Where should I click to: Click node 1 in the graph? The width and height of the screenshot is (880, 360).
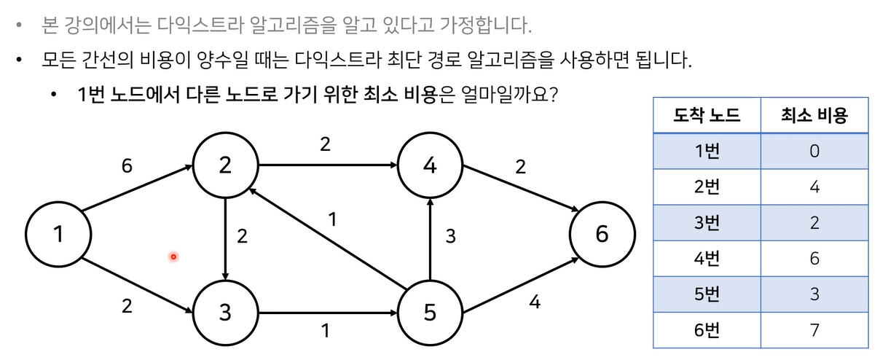point(58,235)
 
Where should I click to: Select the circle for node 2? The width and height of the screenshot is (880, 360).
point(225,166)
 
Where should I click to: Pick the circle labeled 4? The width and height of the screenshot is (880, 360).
point(430,166)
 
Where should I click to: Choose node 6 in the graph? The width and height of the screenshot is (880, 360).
point(602,235)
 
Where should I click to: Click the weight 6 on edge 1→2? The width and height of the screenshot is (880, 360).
point(127,167)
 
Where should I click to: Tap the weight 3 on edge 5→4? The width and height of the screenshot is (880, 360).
point(450,237)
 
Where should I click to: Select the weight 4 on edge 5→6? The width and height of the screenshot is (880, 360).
point(535,302)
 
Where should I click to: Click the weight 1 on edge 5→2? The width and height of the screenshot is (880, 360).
point(332,219)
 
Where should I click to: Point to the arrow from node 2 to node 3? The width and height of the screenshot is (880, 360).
point(226,240)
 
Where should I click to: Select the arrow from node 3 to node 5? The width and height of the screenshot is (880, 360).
point(327,314)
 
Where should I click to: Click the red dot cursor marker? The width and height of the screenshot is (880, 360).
point(173,257)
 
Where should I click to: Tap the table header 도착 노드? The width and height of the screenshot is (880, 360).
point(707,114)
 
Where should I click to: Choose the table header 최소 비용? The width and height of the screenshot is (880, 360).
point(814,114)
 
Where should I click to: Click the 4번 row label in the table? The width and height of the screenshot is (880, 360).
point(707,258)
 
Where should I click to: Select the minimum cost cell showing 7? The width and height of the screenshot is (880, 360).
point(814,329)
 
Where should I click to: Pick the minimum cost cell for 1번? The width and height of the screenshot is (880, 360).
point(814,151)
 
